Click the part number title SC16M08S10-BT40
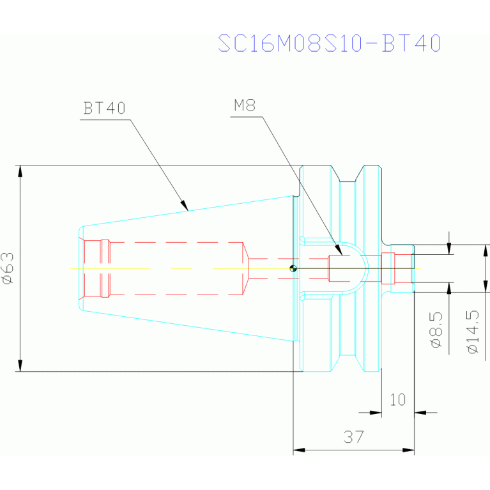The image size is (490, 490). coord(330,43)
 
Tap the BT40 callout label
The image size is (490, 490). coord(104,108)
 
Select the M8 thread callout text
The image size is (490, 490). coord(245,105)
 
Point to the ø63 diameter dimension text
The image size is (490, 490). coord(8,268)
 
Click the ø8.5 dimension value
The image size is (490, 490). coord(436,330)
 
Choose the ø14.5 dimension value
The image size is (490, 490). coord(473,332)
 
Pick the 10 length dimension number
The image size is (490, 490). coord(398,400)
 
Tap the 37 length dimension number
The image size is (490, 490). coord(354,436)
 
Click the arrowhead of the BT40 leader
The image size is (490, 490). coord(185,206)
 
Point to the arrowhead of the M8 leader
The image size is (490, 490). coord(339,250)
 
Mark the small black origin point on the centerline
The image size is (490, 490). coord(293,268)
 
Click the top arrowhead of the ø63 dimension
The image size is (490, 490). coord(20,171)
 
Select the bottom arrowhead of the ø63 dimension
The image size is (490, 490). coord(20,365)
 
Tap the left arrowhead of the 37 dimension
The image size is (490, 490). coord(299,450)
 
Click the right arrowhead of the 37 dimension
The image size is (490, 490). coord(408,450)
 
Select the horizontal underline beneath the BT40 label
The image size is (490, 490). coord(105,119)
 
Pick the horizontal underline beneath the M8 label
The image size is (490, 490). coord(246,116)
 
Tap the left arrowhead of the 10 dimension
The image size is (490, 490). coord(376,413)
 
